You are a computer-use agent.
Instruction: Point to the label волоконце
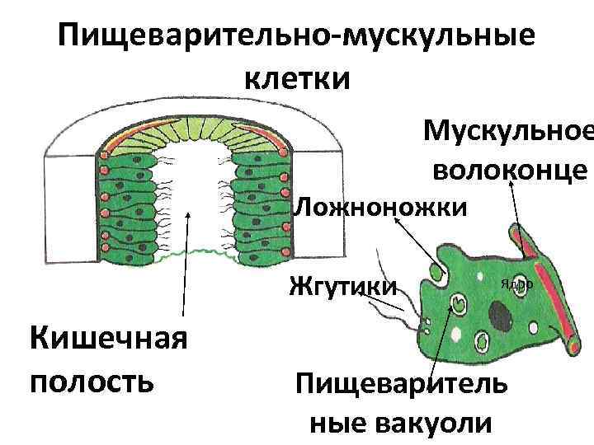[508, 171]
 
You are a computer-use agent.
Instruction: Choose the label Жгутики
[342, 287]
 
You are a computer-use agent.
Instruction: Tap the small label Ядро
[516, 283]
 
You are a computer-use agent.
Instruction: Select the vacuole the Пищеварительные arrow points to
[455, 304]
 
